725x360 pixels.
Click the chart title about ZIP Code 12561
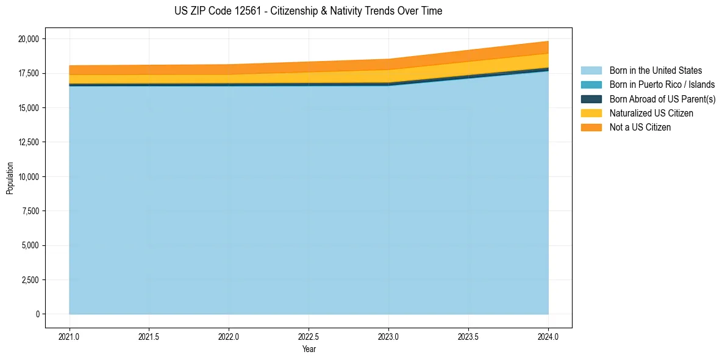(308, 11)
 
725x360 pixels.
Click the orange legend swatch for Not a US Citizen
(591, 128)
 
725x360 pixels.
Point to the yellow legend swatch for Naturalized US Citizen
(591, 113)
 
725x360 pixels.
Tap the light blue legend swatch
(591, 71)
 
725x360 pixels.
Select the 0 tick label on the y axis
(37, 314)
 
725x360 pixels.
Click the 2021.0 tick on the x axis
(70, 336)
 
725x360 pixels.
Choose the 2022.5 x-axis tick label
(309, 336)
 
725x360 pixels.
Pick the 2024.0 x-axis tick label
(548, 336)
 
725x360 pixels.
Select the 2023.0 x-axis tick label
(388, 336)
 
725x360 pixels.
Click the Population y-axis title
(10, 178)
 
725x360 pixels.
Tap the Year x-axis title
(309, 350)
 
